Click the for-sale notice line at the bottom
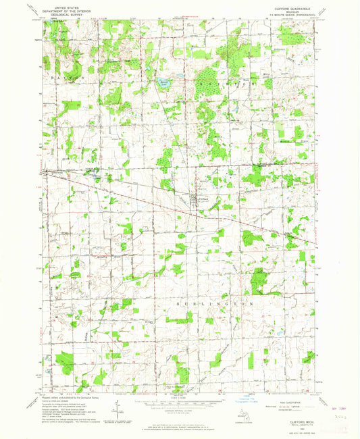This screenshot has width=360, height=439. click(180, 427)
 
